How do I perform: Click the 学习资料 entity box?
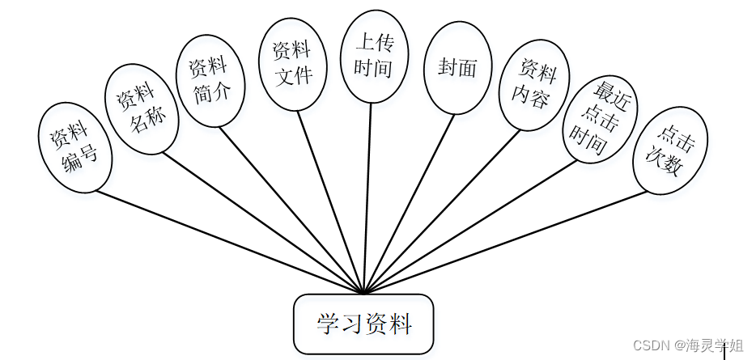(x=363, y=324)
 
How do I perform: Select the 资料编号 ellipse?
(x=74, y=148)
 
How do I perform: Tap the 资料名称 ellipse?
(x=142, y=109)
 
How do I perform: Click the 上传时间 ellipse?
(x=373, y=56)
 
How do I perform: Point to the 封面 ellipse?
(x=458, y=68)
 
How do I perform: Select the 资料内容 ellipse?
(x=532, y=86)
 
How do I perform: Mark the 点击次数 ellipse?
(x=670, y=151)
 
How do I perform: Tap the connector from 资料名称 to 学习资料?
(x=264, y=222)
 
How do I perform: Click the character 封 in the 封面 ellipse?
(x=448, y=68)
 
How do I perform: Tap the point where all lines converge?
(x=364, y=293)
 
